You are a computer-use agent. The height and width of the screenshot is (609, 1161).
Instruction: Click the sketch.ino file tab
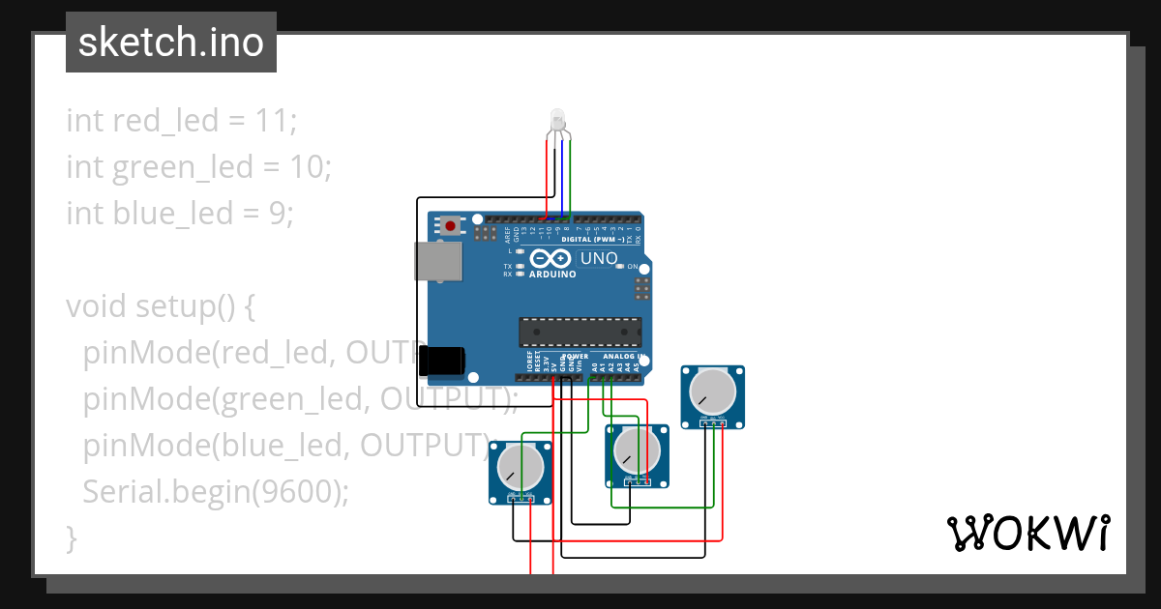(x=170, y=43)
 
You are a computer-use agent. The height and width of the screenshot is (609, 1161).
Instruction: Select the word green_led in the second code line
(x=182, y=167)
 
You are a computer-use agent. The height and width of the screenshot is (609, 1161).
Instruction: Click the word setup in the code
(x=174, y=306)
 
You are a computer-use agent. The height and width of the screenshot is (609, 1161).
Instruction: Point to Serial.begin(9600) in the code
(x=214, y=491)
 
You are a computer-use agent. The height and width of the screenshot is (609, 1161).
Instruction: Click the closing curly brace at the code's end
(x=71, y=536)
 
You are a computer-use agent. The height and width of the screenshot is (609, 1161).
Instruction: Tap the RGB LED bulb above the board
(x=558, y=121)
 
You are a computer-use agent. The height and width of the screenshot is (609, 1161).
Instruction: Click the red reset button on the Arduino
(x=450, y=226)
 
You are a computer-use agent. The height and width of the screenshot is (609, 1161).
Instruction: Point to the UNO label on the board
(x=598, y=258)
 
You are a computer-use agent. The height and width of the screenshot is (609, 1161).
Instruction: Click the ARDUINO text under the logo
(x=552, y=274)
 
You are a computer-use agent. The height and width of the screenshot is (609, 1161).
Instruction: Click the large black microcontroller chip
(x=579, y=332)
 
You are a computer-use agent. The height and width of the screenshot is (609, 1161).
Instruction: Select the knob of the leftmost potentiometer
(x=521, y=468)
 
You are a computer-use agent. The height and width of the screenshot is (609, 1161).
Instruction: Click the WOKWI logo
(x=1027, y=533)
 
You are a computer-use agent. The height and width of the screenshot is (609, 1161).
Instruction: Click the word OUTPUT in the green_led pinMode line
(x=444, y=398)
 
